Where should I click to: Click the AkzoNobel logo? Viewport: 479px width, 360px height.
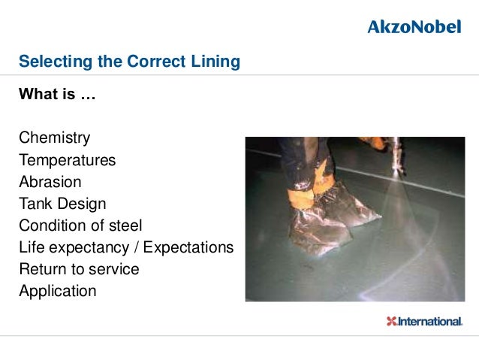414,27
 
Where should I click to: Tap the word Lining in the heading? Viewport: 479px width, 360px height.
216,62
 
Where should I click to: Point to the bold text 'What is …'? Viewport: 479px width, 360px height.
57,95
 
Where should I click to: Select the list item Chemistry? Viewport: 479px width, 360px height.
54,138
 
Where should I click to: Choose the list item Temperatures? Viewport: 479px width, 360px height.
67,160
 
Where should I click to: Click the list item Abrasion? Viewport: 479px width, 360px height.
50,182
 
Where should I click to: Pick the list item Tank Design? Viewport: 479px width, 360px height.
62,204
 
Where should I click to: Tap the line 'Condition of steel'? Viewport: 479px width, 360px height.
80,225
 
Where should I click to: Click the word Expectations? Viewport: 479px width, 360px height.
188,247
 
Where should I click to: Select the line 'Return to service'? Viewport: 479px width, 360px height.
79,269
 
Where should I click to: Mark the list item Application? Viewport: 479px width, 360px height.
58,291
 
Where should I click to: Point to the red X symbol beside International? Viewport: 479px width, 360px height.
390,322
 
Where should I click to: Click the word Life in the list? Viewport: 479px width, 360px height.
32,247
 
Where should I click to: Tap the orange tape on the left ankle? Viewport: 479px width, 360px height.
300,200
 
